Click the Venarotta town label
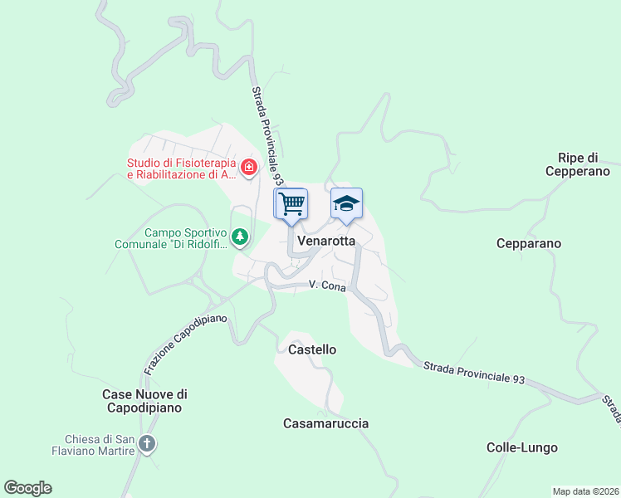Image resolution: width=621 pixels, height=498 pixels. [325, 241]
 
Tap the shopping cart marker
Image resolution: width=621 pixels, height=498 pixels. [291, 203]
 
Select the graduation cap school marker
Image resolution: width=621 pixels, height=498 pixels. [346, 203]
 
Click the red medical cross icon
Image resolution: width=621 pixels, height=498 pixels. [247, 168]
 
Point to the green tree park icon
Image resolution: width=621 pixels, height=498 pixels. [240, 238]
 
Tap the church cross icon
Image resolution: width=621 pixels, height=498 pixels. [147, 444]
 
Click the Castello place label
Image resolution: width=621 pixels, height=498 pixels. [312, 349]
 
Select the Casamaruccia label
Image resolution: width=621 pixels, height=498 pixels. [326, 423]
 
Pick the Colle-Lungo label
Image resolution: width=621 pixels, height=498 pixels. [522, 447]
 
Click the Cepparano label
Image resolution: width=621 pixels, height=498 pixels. [529, 243]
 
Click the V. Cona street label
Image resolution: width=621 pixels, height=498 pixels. [326, 285]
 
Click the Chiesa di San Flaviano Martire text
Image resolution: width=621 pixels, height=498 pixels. [100, 445]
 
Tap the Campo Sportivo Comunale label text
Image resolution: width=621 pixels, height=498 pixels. [174, 239]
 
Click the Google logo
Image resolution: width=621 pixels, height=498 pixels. [27, 488]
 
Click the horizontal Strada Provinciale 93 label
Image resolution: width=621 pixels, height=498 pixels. [473, 372]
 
